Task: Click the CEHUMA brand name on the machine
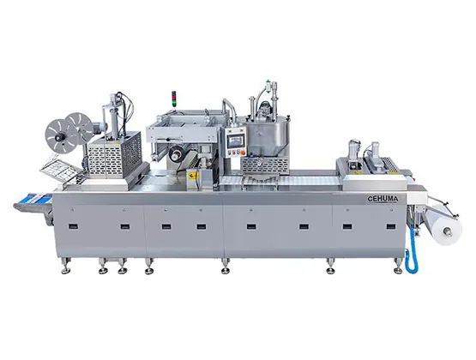coord(383,199)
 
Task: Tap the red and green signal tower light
coord(174,99)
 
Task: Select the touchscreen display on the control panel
coord(236,141)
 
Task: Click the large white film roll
coord(443,224)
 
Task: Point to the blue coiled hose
coord(412,248)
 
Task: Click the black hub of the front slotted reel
coord(57,138)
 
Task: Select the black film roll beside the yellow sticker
coord(176,153)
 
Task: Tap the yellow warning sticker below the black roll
coord(192,175)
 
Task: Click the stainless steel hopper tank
coord(268,136)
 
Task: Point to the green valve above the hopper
coord(268,83)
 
